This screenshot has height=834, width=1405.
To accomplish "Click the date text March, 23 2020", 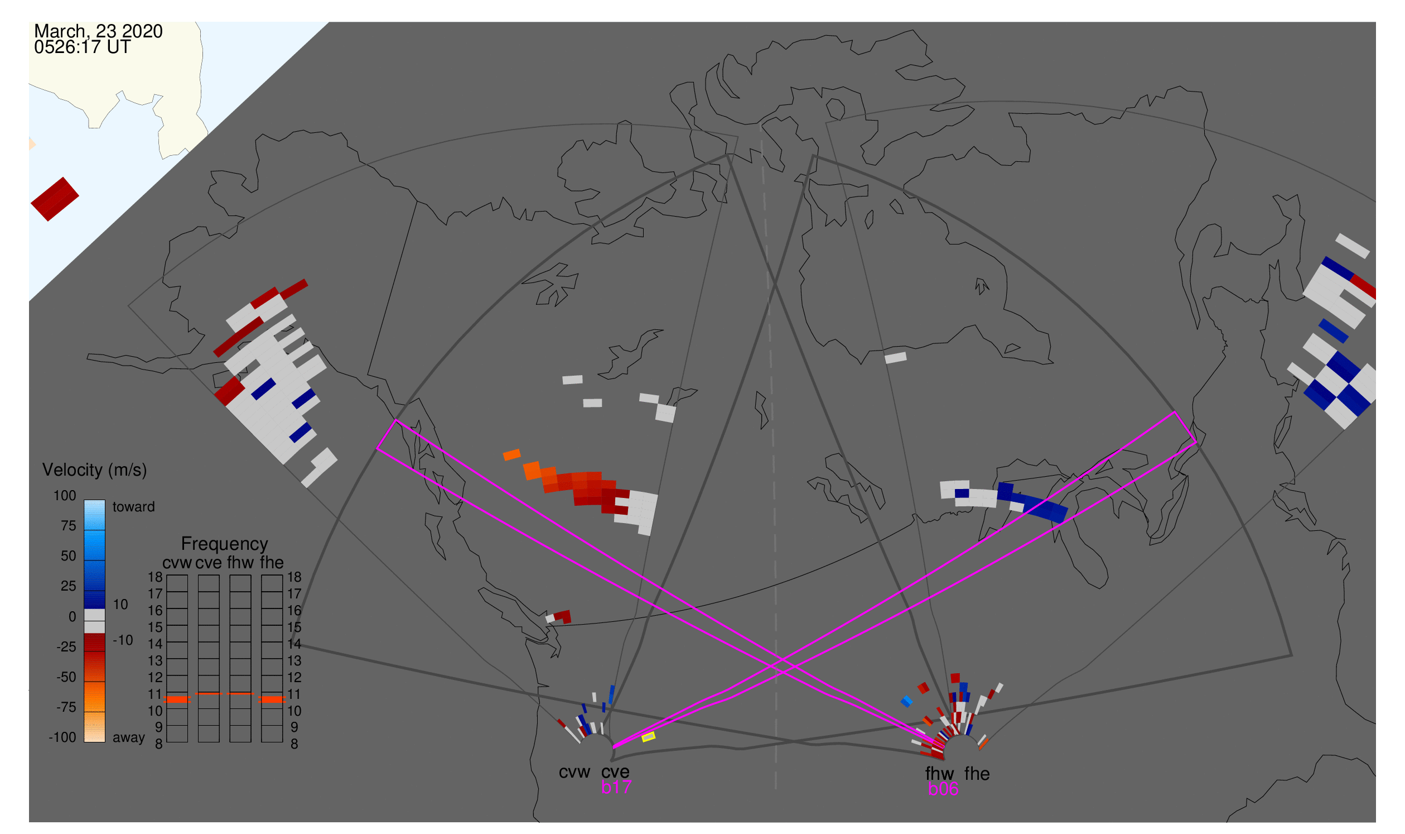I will coord(98,31).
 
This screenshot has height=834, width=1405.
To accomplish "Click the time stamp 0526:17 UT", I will coord(82,47).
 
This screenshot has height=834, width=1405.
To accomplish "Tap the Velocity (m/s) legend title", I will coord(94,470).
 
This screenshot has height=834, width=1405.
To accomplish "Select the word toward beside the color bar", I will coord(133,507).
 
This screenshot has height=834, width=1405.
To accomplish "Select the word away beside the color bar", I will coord(129,737).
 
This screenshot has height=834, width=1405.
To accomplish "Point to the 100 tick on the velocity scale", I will coord(65,496).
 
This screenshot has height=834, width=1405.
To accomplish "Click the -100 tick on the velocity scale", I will coord(62,737).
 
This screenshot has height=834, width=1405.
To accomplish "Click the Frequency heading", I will coord(224,544).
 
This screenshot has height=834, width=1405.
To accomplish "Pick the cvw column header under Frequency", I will coord(177,563).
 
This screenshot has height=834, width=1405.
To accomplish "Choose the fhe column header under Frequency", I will coord(272,563).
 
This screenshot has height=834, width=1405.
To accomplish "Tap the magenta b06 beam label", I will coord(943,789).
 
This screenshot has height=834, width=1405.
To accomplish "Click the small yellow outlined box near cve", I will coord(648,736).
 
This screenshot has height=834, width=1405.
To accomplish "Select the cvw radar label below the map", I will coord(574,772).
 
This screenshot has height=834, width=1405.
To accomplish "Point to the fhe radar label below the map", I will coord(977,774).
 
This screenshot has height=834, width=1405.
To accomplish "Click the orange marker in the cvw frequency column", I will coord(177,699).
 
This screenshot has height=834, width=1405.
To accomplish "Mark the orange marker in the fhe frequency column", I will coord(272,699).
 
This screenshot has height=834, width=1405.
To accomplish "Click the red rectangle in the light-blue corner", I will coord(55,199).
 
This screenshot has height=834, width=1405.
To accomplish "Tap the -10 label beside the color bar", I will coord(123,640).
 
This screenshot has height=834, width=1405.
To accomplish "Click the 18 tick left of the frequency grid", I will coord(155,577).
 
